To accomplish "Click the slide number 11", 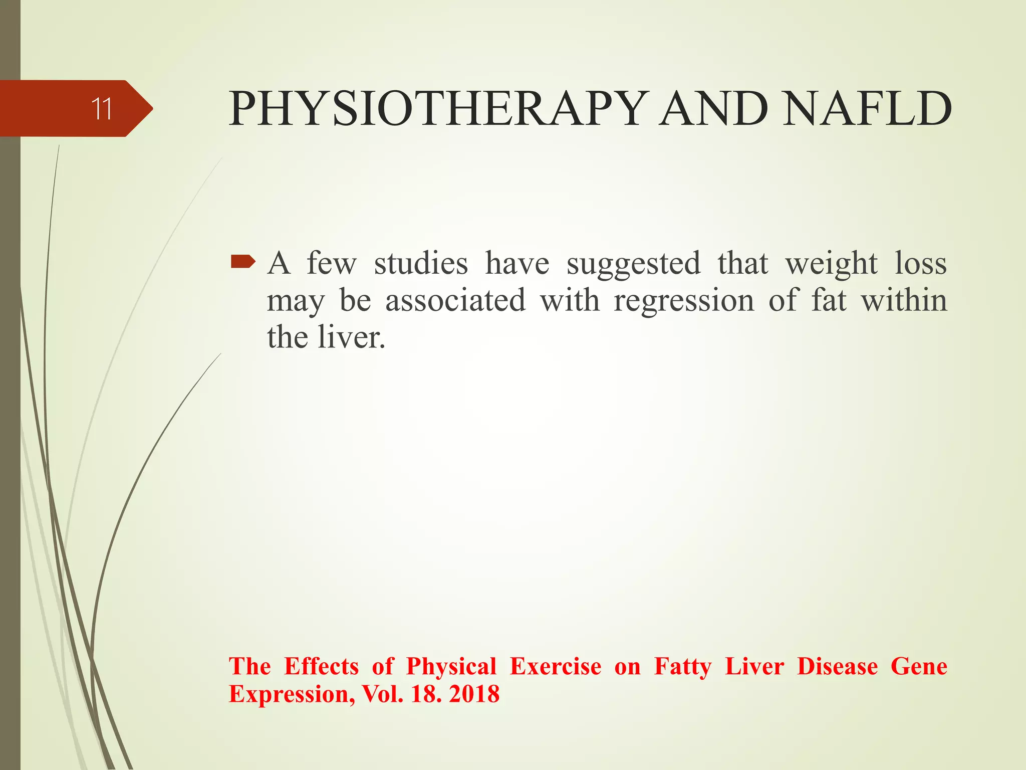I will tap(102, 109).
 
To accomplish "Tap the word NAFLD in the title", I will tap(867, 109).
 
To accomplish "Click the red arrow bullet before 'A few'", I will tap(243, 261).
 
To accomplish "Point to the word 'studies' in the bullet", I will tap(421, 264).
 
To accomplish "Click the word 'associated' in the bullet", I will tap(455, 301).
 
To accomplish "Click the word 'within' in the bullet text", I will tap(904, 300).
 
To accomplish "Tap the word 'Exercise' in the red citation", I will tap(556, 667).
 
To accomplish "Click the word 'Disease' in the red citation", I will tap(837, 667).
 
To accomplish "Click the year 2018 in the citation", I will tap(474, 694).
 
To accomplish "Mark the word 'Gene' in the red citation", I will tap(919, 667).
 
